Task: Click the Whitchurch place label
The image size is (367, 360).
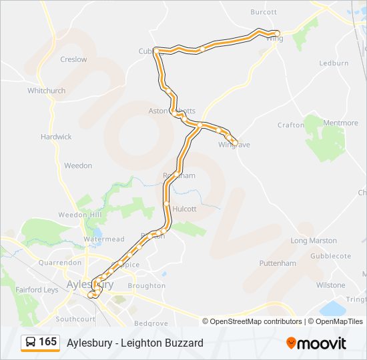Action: point(47,91)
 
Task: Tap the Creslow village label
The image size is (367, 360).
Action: point(73,59)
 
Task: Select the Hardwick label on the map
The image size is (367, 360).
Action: point(56,137)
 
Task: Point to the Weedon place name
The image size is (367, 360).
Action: point(78,166)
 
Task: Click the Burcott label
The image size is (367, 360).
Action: point(264,12)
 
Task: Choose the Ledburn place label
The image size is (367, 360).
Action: point(334,63)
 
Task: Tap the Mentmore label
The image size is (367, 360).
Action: point(340,123)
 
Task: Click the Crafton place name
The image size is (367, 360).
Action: point(291,125)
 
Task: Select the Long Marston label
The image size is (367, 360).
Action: point(314,241)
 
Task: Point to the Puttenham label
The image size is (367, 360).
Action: point(278,263)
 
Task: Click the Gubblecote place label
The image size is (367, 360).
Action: point(330,256)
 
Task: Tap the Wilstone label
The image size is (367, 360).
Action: point(331,285)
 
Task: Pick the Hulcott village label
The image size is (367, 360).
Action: point(184,209)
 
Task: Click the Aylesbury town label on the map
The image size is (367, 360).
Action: point(90,284)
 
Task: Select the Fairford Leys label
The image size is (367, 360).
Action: point(37,289)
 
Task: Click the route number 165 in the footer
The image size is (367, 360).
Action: point(47,342)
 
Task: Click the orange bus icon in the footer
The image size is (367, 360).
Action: point(31,343)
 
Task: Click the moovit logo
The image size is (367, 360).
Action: point(316,343)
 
